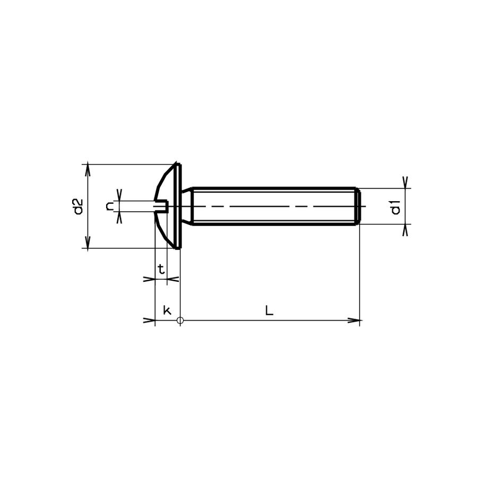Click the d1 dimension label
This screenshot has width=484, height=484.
tap(395, 207)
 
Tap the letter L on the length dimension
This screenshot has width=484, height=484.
tap(270, 311)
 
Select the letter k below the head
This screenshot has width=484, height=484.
tap(167, 310)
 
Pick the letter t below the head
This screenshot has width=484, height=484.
tap(162, 270)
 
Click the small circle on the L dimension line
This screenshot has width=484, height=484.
tap(180, 321)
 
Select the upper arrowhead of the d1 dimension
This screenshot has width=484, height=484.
tap(405, 183)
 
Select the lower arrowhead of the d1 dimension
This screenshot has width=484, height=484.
tap(405, 230)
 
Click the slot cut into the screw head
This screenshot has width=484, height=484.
tap(162, 206)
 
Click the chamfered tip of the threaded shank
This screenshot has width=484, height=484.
tap(359, 206)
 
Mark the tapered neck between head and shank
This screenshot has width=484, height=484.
tap(187, 206)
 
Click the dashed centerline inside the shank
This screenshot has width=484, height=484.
tap(276, 206)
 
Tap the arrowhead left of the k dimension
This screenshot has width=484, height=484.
tap(149, 321)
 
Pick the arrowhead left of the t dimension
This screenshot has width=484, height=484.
tap(149, 278)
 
